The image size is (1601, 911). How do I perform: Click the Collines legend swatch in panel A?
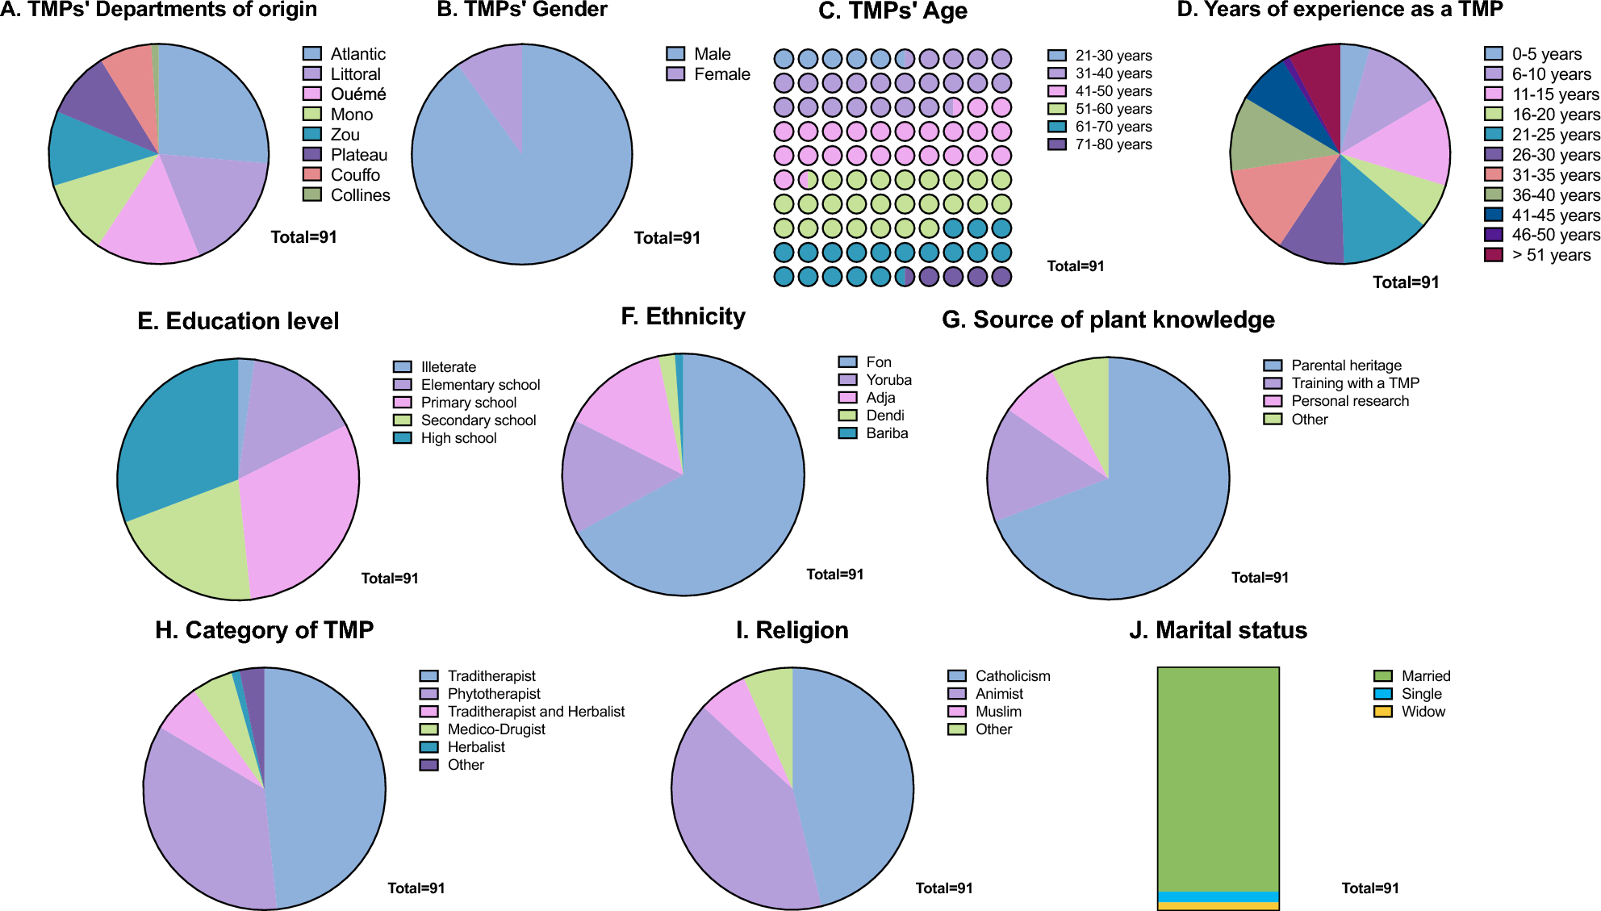click(x=312, y=194)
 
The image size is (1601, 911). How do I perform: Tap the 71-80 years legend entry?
click(x=1113, y=144)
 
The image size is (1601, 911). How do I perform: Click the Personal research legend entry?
click(x=1349, y=401)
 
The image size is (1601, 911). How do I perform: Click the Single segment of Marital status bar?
click(x=1218, y=896)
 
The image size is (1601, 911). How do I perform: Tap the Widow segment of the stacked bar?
click(x=1218, y=906)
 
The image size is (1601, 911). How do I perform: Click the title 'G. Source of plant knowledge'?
click(x=1108, y=320)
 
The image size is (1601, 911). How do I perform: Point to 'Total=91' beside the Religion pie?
click(x=943, y=888)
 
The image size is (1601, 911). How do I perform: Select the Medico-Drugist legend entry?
click(x=495, y=729)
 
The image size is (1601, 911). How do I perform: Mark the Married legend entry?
click(x=1425, y=676)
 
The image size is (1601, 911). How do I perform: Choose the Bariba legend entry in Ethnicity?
click(x=886, y=433)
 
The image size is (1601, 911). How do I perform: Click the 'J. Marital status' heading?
click(x=1218, y=630)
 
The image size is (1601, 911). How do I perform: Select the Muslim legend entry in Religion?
click(x=997, y=712)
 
